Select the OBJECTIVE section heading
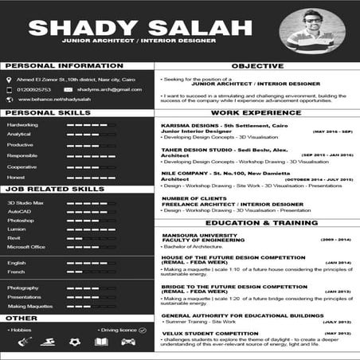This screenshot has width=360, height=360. [x=257, y=66]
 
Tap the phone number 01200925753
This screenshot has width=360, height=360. [x=33, y=89]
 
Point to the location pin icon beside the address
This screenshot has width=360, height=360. [x=9, y=80]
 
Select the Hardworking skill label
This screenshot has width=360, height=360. [x=22, y=125]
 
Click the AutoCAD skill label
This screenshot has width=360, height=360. [x=19, y=213]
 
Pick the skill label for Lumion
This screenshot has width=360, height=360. [x=18, y=229]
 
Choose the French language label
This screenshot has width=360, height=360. [x=16, y=272]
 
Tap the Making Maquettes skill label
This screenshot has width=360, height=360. [x=30, y=306]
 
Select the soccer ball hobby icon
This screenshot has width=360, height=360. [x=75, y=342]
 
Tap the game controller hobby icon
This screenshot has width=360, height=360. [x=127, y=342]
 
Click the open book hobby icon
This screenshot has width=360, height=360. [x=101, y=342]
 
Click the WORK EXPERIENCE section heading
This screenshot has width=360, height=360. [x=257, y=113]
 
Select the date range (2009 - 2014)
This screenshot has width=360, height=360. [x=335, y=239]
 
